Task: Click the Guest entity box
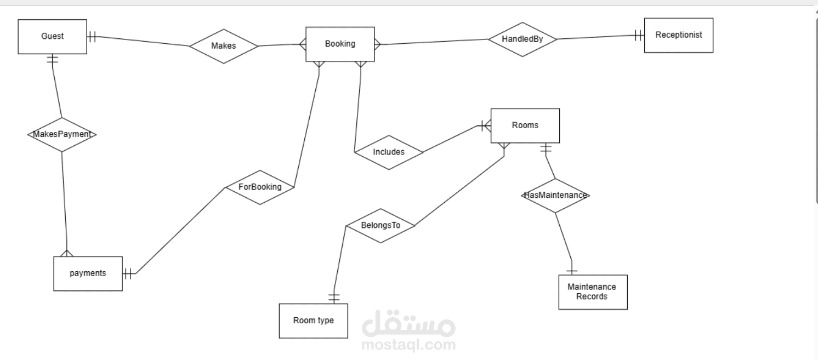(x=52, y=37)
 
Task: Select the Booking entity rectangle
(x=340, y=44)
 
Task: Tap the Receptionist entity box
(x=679, y=36)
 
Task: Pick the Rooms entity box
(x=525, y=125)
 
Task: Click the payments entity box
(x=88, y=273)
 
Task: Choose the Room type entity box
(x=313, y=321)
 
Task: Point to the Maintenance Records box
(x=593, y=292)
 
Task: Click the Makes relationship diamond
(x=224, y=47)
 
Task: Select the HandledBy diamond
(x=522, y=39)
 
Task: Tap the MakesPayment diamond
(x=62, y=135)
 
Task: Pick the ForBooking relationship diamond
(x=260, y=187)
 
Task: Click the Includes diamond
(x=389, y=152)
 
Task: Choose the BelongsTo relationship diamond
(x=380, y=226)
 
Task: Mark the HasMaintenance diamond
(x=555, y=196)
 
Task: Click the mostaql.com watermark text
(x=408, y=345)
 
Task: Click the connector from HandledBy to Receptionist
(x=601, y=37)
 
